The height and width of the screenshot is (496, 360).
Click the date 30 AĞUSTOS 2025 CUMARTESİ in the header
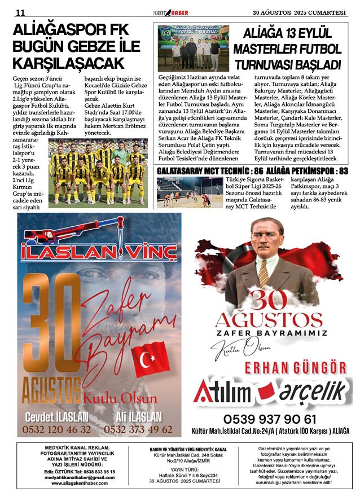(x=299, y=12)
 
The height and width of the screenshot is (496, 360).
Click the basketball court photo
(x=183, y=192)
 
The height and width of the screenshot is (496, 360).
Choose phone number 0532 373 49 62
(x=138, y=430)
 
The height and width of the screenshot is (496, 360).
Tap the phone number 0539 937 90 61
(x=270, y=419)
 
